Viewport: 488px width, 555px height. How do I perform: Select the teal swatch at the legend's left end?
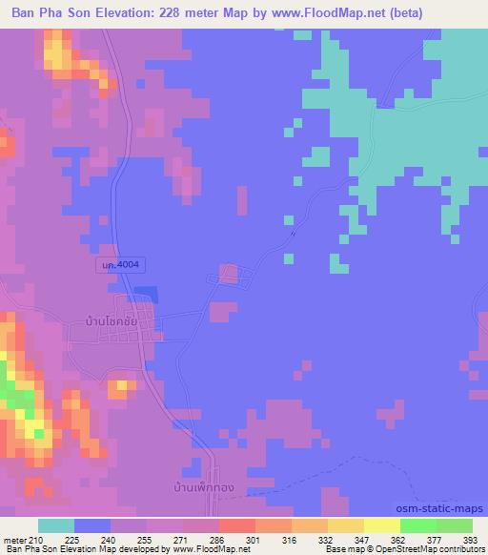tap(56, 525)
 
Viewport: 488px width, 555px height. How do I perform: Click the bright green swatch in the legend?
tap(418, 525)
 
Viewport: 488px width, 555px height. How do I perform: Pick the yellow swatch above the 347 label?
tap(346, 525)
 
